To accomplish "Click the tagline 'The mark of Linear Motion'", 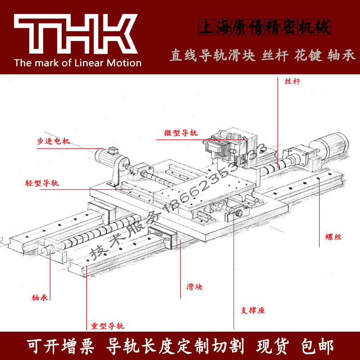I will click(x=78, y=63).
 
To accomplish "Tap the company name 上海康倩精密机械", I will click(x=264, y=27).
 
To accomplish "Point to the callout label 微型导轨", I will click(x=180, y=133).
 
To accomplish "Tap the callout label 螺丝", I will click(x=333, y=237).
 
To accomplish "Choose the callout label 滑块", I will click(x=194, y=287).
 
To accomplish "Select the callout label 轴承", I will click(x=40, y=297).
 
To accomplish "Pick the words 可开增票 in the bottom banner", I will click(x=60, y=346).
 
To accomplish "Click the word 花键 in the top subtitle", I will click(x=309, y=56).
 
